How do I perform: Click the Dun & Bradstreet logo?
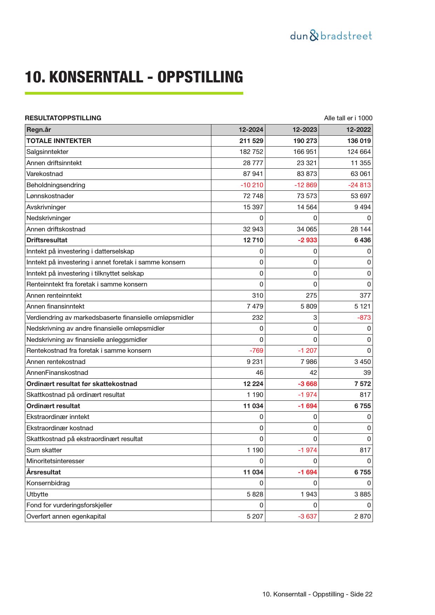pos(331,36)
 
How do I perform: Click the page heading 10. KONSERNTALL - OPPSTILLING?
pos(134,77)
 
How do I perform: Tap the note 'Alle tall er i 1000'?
pos(348,118)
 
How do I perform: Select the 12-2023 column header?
pos(305,130)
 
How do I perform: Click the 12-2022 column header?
pos(358,130)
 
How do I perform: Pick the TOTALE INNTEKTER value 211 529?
pos(251,141)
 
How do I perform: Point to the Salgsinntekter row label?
pos(47,152)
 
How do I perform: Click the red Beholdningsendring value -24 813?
pos(359,185)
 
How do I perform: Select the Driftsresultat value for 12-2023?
pos(307,240)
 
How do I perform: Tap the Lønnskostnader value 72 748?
pos(253,196)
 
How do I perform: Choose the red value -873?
pos(364,318)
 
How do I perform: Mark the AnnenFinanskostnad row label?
pos(57,373)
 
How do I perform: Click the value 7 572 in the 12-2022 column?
pos(362,384)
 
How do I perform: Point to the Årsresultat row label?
pos(43,472)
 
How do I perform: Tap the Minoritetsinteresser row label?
pos(55,461)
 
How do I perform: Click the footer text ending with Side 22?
pos(317,594)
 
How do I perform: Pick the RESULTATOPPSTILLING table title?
pos(63,118)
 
